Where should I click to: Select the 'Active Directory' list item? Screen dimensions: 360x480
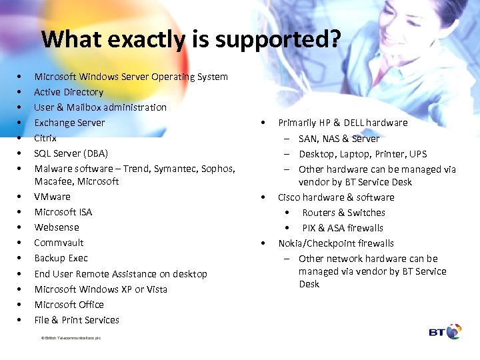pyautogui.click(x=69, y=92)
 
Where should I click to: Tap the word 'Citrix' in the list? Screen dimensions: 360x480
pyautogui.click(x=45, y=138)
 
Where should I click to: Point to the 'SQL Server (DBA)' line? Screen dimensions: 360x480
pyautogui.click(x=71, y=153)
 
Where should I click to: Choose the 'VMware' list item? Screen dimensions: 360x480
pyautogui.click(x=52, y=197)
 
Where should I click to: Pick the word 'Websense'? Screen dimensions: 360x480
pyautogui.click(x=57, y=227)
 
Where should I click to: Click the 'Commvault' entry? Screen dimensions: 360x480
pyautogui.click(x=59, y=243)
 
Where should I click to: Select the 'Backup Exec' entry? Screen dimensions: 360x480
pyautogui.click(x=61, y=258)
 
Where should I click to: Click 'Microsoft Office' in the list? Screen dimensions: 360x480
pyautogui.click(x=69, y=305)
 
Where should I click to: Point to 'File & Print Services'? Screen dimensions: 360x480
pyautogui.click(x=77, y=320)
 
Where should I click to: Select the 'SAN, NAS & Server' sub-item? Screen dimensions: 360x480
pyautogui.click(x=339, y=139)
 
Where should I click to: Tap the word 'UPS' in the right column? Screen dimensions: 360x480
pyautogui.click(x=418, y=154)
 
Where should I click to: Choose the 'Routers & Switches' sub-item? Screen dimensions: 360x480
pyautogui.click(x=343, y=213)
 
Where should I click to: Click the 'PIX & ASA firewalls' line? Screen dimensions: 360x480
pyautogui.click(x=343, y=228)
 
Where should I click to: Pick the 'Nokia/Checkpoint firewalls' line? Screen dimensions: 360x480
pyautogui.click(x=335, y=243)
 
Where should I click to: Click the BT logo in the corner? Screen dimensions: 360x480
pyautogui.click(x=445, y=331)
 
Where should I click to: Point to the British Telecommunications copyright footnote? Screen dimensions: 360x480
pyautogui.click(x=71, y=338)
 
